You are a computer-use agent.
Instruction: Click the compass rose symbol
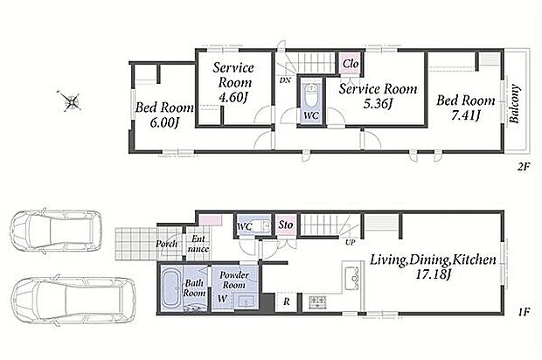click(x=70, y=100)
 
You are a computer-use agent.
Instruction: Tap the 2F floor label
click(x=524, y=167)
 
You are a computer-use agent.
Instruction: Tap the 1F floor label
click(x=524, y=312)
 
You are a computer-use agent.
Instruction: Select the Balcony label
click(x=515, y=104)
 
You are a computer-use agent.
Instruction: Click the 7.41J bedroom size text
click(x=466, y=115)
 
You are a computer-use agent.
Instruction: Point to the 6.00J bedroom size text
click(x=164, y=122)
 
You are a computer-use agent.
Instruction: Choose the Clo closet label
click(x=351, y=64)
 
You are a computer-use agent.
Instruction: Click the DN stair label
click(x=285, y=80)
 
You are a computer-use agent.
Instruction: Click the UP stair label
click(x=351, y=243)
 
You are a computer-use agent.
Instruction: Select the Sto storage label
click(x=286, y=225)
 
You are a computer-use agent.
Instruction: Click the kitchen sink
click(x=352, y=276)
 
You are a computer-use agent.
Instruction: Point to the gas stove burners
click(x=317, y=301)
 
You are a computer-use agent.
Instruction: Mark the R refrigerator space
click(x=286, y=302)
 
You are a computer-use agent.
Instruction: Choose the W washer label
click(x=222, y=299)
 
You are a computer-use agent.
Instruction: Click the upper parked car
click(x=56, y=231)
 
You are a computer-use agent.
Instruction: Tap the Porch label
click(x=166, y=244)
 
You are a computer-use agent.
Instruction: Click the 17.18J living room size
click(x=433, y=275)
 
